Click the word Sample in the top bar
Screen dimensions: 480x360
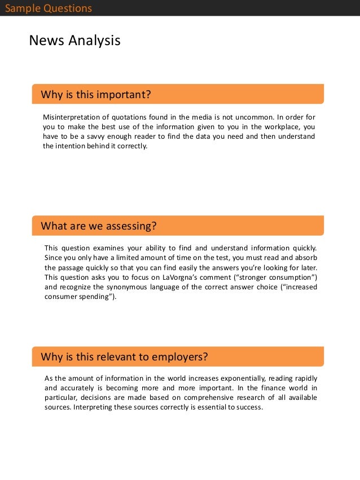[x=22, y=8]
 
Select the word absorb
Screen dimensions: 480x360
[x=305, y=258]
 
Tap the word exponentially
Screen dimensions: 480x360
[x=236, y=378]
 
